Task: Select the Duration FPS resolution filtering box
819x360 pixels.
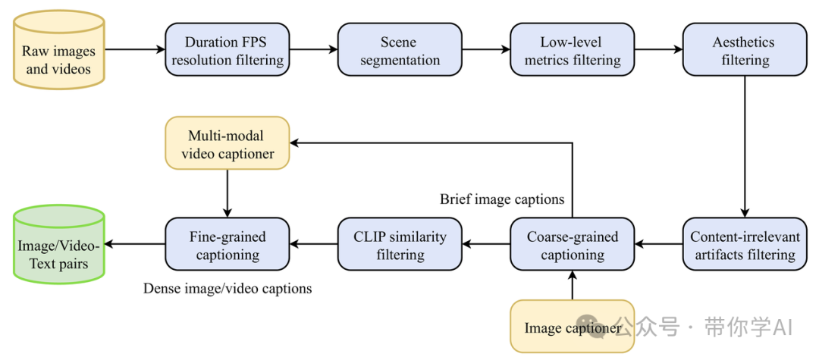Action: [227, 50]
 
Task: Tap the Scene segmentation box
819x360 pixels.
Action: [400, 50]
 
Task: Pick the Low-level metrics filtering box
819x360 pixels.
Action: [573, 50]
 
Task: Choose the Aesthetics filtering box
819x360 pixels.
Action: [744, 50]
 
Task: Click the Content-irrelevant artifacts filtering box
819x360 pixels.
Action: [745, 245]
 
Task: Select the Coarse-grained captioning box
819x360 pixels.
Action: [573, 245]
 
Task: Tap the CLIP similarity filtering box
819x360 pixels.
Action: [400, 245]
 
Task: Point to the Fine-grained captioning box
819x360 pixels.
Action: [227, 245]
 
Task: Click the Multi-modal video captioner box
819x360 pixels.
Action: [227, 143]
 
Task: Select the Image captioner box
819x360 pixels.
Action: [572, 327]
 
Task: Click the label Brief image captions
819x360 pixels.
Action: [502, 199]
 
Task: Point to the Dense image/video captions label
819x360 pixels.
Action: [227, 289]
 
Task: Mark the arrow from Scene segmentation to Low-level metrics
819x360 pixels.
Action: [485, 50]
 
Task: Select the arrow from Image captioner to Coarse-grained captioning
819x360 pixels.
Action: [573, 286]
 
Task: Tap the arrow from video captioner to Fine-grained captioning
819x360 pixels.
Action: [227, 193]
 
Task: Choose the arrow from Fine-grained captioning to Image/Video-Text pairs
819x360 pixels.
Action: [135, 245]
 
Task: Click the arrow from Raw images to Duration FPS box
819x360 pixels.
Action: [134, 50]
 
